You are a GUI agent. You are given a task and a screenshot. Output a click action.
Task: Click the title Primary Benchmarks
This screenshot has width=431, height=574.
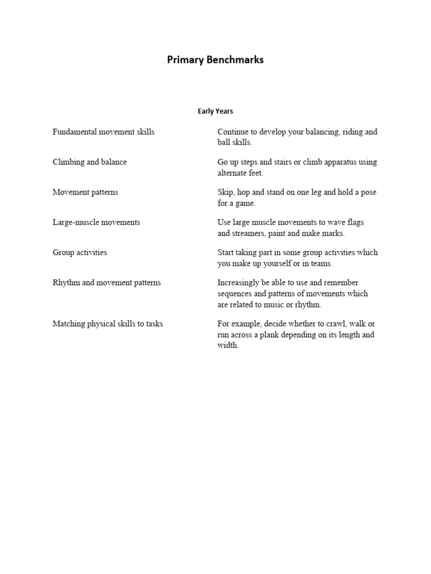pos(215,60)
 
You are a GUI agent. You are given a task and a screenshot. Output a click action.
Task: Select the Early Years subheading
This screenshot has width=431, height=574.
pos(215,111)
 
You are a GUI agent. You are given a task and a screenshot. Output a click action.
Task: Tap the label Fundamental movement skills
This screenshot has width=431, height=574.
pos(103,132)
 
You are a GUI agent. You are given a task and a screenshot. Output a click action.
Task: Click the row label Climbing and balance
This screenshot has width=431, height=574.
pos(90,162)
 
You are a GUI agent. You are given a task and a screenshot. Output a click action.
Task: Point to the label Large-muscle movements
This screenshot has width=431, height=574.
pos(97,223)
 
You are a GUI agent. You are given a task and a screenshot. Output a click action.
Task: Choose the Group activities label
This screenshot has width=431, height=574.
pos(80,253)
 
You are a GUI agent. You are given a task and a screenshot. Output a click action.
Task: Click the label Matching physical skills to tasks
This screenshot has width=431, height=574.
pos(108,324)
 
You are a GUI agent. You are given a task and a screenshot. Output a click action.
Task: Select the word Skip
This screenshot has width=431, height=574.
pos(225,192)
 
